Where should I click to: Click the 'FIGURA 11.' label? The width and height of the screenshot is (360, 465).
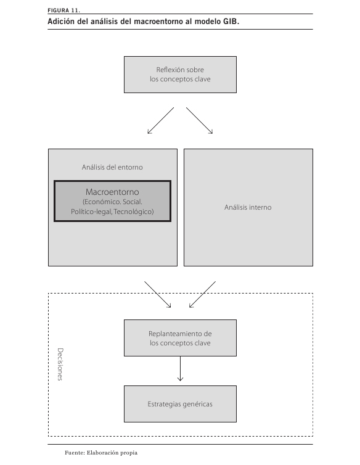63,10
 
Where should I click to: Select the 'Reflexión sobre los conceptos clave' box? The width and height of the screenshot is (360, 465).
180,75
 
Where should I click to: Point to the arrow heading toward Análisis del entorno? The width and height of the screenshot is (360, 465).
160,120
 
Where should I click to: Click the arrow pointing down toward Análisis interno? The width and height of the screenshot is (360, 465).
200,120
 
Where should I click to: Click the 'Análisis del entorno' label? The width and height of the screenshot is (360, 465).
112,167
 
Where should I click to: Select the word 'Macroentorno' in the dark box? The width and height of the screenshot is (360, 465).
112,192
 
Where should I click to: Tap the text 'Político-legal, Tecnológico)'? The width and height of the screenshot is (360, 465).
112,212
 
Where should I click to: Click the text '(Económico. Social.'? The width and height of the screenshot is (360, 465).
112,202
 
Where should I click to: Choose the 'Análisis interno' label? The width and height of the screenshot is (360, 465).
248,207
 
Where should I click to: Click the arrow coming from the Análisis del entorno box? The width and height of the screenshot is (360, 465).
158,295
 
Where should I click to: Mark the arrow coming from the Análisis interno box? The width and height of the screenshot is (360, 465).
202,295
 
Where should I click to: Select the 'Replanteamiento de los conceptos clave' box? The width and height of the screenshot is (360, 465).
180,338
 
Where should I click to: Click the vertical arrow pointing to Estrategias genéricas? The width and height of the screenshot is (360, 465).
180,369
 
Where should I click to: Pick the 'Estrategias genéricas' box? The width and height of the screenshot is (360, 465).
180,404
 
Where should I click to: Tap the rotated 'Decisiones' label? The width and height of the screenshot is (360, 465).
60,364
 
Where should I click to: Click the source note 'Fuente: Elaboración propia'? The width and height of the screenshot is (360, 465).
101,453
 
